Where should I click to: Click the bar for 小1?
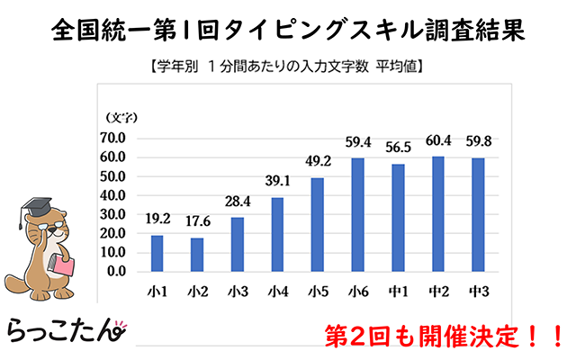pos(157,253)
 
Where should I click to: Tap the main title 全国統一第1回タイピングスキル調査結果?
pos(288,30)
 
